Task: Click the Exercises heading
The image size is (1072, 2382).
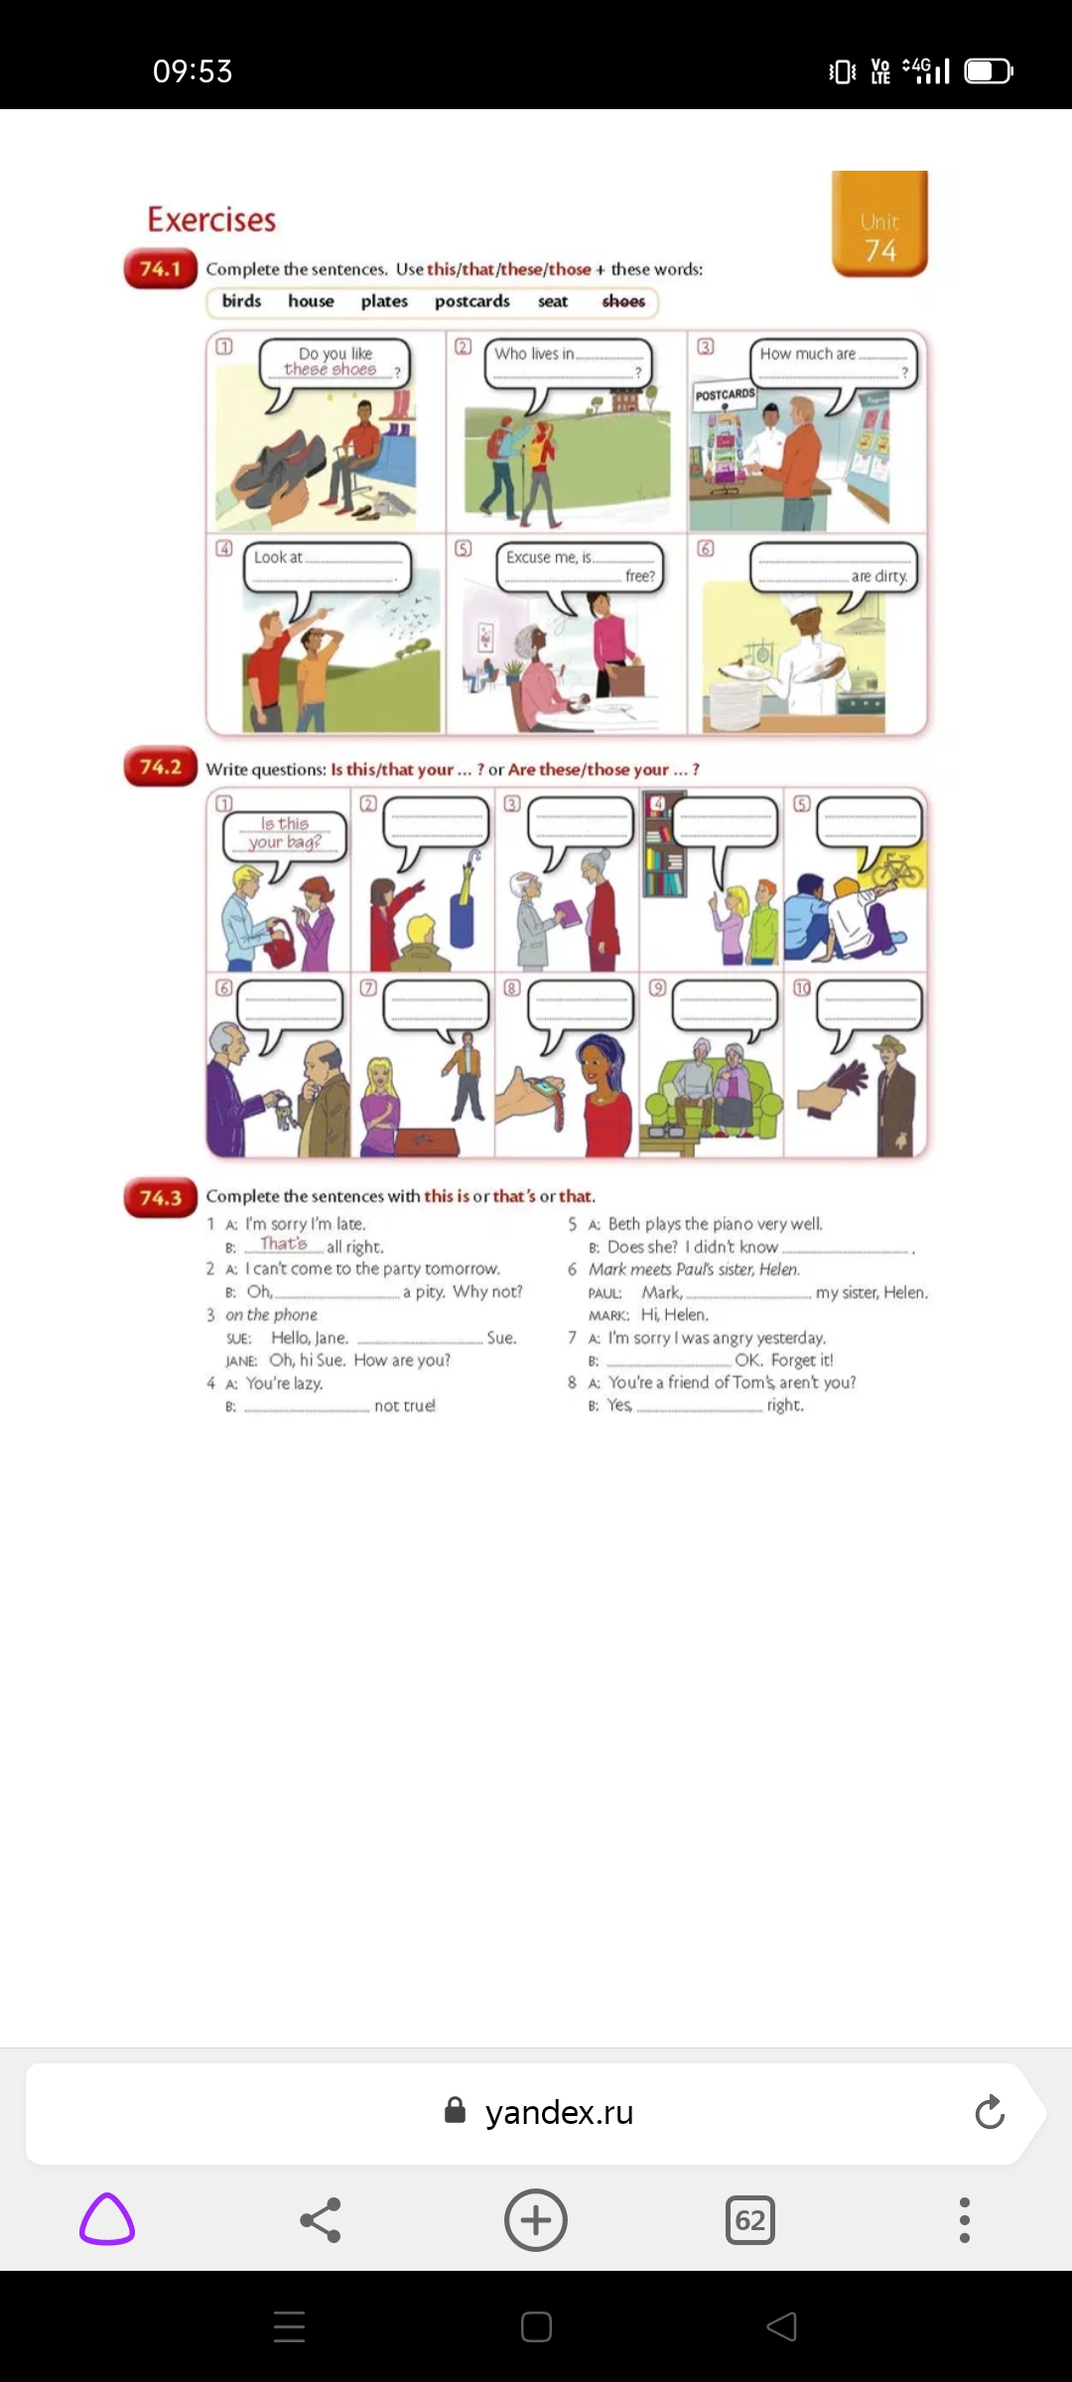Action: [x=211, y=219]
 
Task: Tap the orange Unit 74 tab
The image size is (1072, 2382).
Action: [x=879, y=224]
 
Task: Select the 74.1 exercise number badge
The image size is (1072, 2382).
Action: [x=160, y=269]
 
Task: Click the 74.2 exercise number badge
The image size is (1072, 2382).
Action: [x=160, y=767]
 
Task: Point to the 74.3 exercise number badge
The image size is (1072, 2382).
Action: [x=160, y=1198]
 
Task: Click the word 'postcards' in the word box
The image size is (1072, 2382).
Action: [x=471, y=302]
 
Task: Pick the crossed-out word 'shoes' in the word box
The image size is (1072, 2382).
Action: [x=623, y=302]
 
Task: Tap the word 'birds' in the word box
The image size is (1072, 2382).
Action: [x=241, y=302]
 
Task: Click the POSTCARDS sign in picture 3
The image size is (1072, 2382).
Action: [x=725, y=395]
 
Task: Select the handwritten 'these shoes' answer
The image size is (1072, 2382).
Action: [x=331, y=369]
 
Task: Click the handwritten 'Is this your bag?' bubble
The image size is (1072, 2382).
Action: [x=285, y=833]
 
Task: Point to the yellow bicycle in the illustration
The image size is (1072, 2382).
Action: [x=898, y=868]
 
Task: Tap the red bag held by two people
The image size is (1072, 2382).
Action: [x=282, y=943]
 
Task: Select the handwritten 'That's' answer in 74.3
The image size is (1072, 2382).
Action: [x=284, y=1244]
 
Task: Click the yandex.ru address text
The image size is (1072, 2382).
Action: [x=559, y=2113]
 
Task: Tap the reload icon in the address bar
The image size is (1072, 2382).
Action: [x=989, y=2113]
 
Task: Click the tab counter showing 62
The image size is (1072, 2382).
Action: [x=749, y=2220]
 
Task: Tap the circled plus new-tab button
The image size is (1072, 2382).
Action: [x=536, y=2220]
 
